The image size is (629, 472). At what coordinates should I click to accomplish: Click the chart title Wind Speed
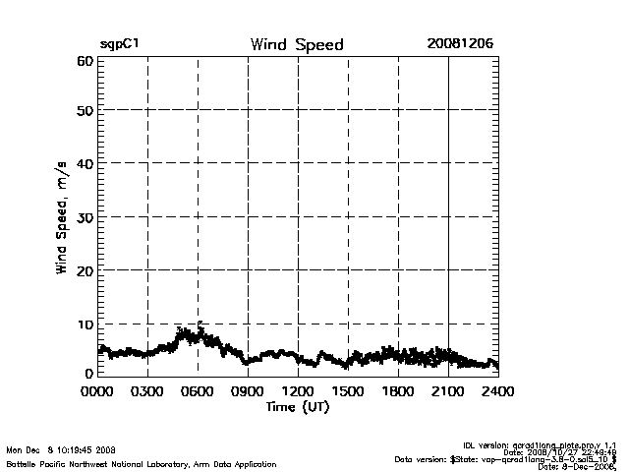tap(297, 45)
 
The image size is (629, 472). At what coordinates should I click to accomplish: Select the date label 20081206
tap(460, 44)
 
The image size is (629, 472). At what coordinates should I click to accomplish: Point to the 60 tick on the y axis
tap(84, 61)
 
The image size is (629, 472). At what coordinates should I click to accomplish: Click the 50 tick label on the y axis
tap(84, 111)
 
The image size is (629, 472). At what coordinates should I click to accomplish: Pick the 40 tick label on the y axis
tap(84, 164)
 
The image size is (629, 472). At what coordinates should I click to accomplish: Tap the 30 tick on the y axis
tap(84, 217)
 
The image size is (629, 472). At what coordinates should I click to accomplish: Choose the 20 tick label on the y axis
tap(84, 270)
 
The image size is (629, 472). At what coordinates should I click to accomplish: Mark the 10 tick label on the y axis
tap(84, 324)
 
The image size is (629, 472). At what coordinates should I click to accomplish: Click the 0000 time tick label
tap(97, 391)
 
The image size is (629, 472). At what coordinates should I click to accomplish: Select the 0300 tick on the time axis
tap(147, 391)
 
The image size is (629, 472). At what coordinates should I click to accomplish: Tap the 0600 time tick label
tap(198, 391)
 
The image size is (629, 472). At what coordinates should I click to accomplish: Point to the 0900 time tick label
tap(248, 391)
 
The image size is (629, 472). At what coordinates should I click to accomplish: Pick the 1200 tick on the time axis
tap(298, 391)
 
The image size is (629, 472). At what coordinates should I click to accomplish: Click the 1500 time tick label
tap(348, 391)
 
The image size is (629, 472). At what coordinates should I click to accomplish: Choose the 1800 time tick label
tap(398, 391)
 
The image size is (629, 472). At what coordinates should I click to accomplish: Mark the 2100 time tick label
tap(448, 391)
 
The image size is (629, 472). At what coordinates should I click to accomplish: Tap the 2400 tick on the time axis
tap(497, 391)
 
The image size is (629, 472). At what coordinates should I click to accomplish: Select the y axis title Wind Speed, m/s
tap(61, 218)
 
